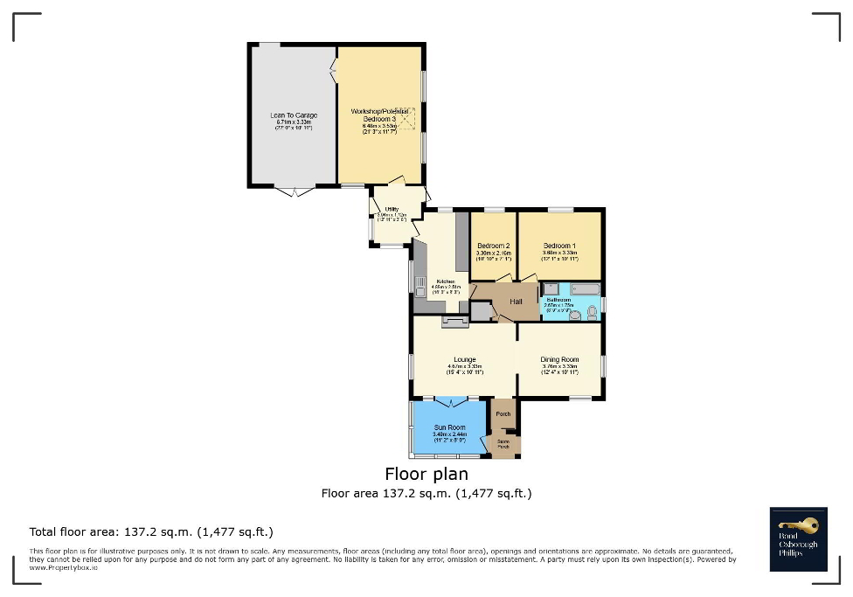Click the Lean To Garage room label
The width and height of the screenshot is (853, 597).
294,115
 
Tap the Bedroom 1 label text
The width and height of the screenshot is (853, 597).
559,246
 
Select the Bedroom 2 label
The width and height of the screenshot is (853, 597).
494,246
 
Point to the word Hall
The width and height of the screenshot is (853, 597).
516,302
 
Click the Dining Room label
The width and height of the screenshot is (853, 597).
559,359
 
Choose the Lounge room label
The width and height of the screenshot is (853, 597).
465,359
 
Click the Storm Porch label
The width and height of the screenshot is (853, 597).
504,444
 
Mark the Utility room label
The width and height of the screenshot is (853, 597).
392,209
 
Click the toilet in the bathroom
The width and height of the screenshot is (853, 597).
592,312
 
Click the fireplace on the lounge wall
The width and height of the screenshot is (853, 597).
454,321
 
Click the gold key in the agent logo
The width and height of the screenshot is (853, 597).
803,524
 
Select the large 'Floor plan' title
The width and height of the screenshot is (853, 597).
426,474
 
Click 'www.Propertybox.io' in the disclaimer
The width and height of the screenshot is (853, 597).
63,567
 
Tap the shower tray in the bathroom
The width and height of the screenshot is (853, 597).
551,288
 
